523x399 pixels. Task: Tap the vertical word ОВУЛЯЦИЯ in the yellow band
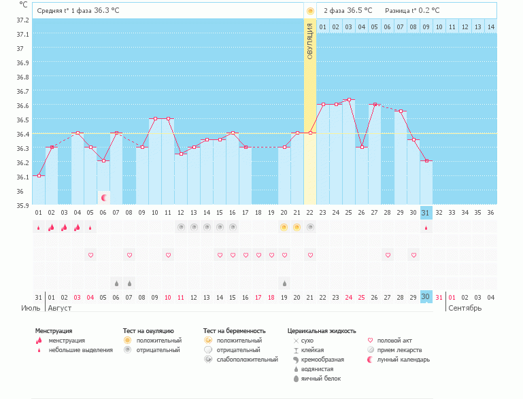click(x=310, y=41)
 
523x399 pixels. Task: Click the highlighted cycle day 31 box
click(x=426, y=213)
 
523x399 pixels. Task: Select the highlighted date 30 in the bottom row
click(x=426, y=297)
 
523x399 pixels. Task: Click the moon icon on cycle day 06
click(x=104, y=198)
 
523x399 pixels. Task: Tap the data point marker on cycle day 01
click(x=39, y=176)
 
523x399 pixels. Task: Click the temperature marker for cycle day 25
click(x=349, y=100)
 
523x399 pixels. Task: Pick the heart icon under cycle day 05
click(x=90, y=255)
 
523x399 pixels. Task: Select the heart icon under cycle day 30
click(x=414, y=255)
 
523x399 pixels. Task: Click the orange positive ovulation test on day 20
click(x=284, y=227)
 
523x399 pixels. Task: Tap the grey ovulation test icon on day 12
click(x=181, y=227)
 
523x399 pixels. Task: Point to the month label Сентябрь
click(x=465, y=308)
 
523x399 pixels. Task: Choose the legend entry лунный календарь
click(x=404, y=360)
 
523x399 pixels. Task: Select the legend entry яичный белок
click(x=321, y=379)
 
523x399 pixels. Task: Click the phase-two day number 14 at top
click(x=490, y=27)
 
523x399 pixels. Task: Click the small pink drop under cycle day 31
click(x=426, y=228)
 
